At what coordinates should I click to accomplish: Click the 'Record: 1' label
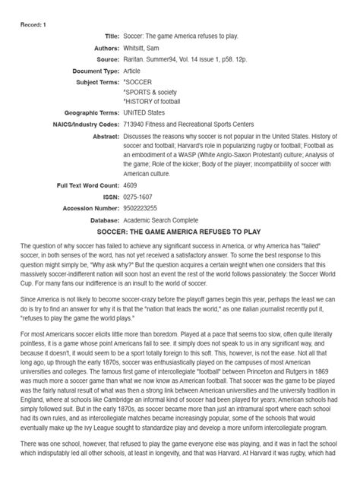pos(33,24)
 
